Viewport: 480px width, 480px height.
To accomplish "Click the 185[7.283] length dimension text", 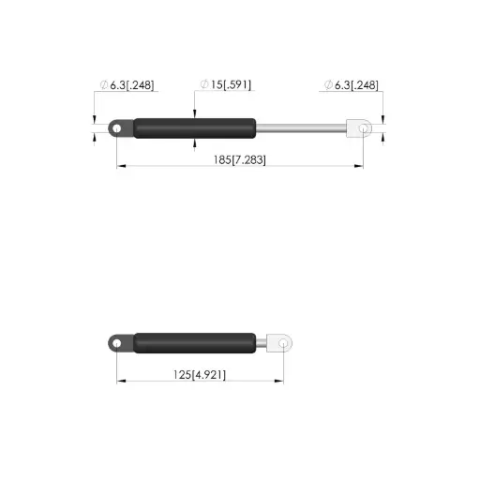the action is pyautogui.click(x=240, y=160).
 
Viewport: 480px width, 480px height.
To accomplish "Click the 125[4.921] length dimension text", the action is pyautogui.click(x=200, y=375).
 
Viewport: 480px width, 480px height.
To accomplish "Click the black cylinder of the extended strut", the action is pyautogui.click(x=195, y=128).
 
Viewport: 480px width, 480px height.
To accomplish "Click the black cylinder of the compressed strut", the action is pyautogui.click(x=195, y=343).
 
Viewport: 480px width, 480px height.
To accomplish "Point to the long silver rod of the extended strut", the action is pyautogui.click(x=301, y=128).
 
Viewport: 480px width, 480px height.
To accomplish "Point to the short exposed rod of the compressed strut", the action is pyautogui.click(x=262, y=343).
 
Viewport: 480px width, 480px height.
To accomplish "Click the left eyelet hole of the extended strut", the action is pyautogui.click(x=116, y=128).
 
